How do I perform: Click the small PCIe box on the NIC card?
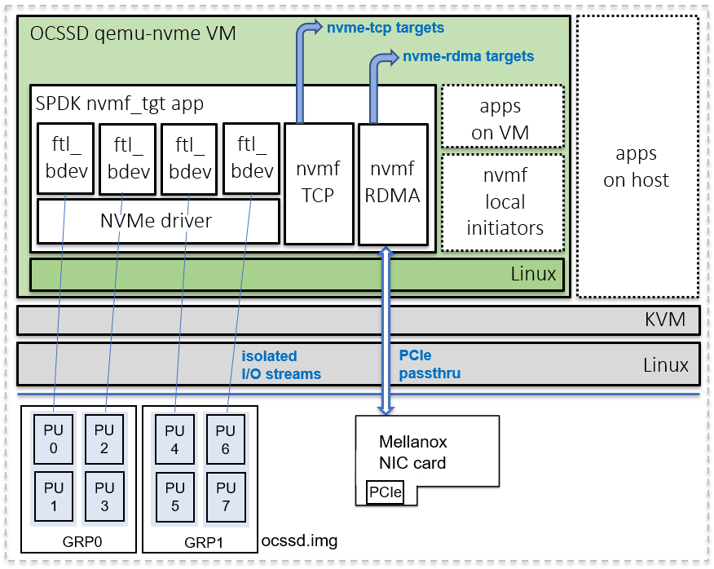386,492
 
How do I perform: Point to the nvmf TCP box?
319,183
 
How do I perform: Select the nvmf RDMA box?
393,183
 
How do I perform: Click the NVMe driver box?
156,220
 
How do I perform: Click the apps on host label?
636,167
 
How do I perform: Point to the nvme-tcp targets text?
386,28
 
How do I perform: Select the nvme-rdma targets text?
468,56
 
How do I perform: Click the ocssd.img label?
299,540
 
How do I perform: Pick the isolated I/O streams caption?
281,365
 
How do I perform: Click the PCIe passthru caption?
430,365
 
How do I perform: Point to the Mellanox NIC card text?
413,453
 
